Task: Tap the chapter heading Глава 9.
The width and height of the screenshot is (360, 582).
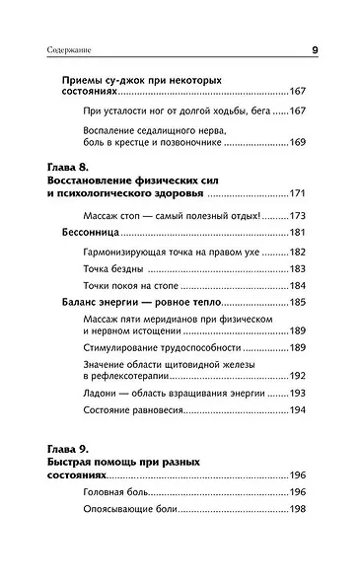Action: click(74, 448)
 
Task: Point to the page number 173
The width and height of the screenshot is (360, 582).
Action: click(302, 214)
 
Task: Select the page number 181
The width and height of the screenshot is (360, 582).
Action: click(302, 233)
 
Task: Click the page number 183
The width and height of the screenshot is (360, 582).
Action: click(302, 269)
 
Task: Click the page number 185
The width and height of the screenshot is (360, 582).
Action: click(302, 305)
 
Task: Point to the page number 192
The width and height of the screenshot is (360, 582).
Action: click(302, 376)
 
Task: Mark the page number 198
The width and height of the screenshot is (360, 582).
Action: click(302, 511)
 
